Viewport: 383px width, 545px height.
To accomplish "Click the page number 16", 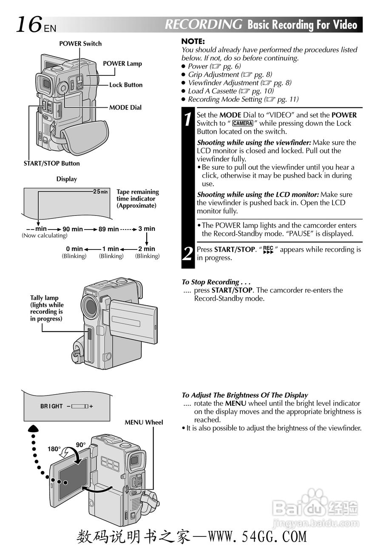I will (x=29, y=24).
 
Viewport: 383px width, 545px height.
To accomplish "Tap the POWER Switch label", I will (x=80, y=43).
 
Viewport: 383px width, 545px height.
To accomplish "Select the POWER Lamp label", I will (x=122, y=63).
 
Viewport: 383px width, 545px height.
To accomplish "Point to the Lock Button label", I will (x=126, y=85).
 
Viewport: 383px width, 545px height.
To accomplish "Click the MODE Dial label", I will (x=125, y=107).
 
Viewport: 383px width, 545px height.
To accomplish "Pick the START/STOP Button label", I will (x=51, y=163).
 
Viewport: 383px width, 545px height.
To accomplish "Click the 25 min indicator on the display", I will (x=100, y=192).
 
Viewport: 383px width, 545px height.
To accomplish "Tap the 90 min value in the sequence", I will (x=73, y=229).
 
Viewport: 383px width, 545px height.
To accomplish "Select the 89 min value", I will (x=109, y=229).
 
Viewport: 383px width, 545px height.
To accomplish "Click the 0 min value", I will (x=74, y=249).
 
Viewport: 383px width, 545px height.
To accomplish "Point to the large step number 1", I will (x=188, y=119).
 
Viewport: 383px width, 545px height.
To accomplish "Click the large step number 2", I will (x=188, y=254).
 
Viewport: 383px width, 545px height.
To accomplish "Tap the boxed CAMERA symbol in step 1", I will (x=243, y=123).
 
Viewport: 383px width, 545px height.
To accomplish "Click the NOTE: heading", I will (x=193, y=41).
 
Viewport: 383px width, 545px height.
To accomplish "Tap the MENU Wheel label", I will (x=144, y=422).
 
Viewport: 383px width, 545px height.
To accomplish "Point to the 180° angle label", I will (x=54, y=449).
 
